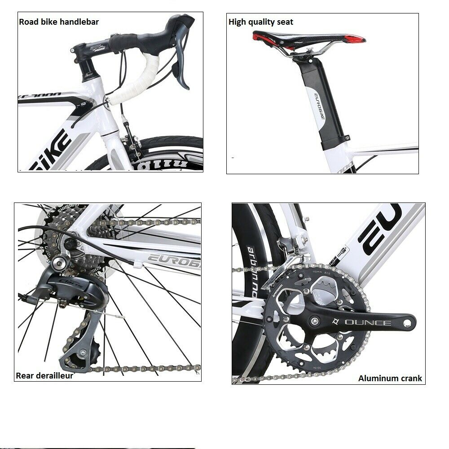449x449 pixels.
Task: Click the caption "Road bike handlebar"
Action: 59,22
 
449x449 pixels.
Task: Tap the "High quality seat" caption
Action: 261,22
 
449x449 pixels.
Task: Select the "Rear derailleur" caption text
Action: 44,375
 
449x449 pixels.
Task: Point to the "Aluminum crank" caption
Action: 390,378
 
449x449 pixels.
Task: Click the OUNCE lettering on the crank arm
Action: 361,322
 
